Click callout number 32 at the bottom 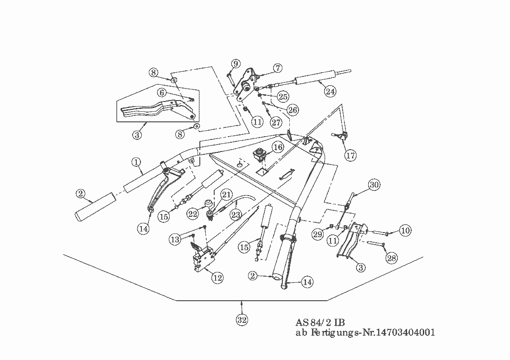(242, 320)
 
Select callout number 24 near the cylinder (330, 91)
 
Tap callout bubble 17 (351, 156)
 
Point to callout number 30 (374, 184)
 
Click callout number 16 (277, 148)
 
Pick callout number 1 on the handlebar (136, 162)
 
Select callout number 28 (392, 258)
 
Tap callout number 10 (405, 230)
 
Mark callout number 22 (193, 214)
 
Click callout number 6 (162, 93)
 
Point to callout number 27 (276, 123)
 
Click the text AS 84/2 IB (320, 322)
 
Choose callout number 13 (175, 239)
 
